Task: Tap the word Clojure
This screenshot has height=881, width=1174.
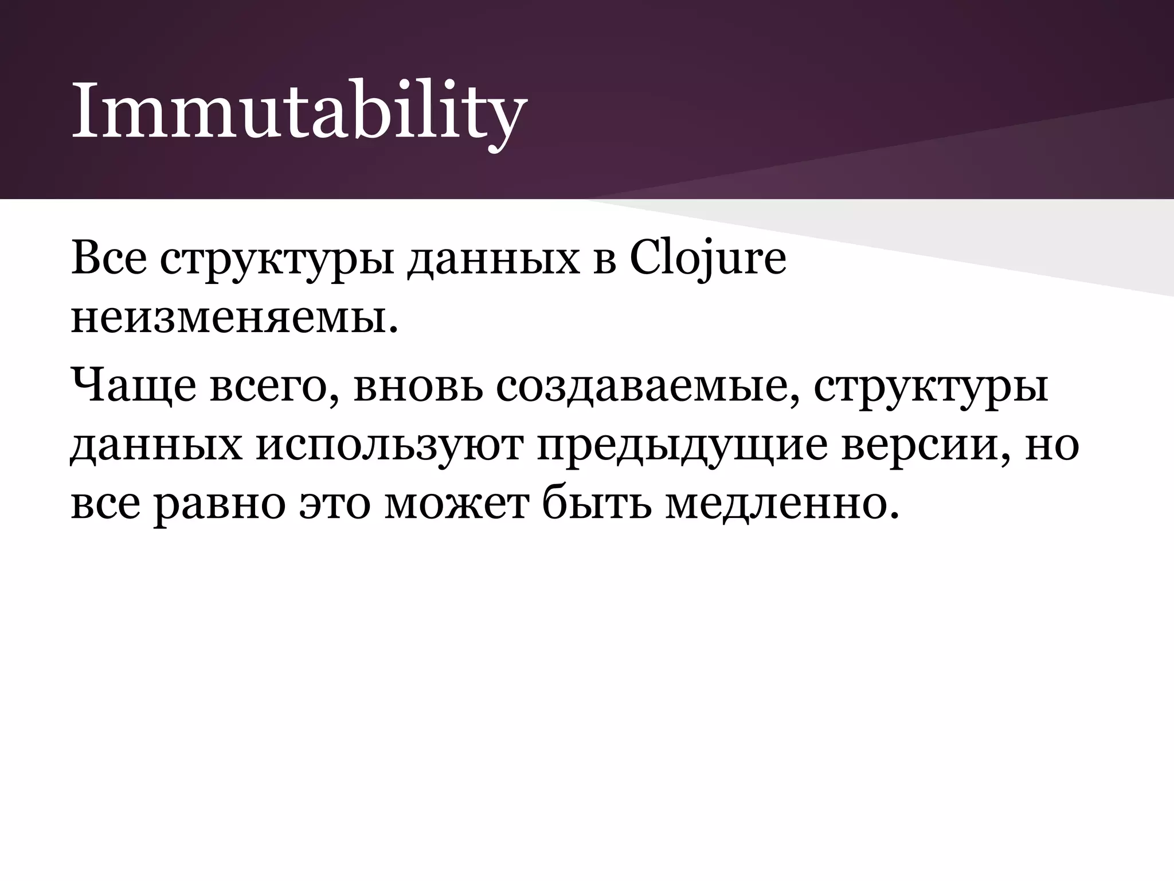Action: (707, 259)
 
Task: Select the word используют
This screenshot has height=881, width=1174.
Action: (390, 446)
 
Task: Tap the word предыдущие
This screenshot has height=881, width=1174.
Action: (683, 446)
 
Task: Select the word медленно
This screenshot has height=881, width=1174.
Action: (774, 505)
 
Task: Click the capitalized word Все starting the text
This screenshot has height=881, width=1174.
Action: (108, 259)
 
